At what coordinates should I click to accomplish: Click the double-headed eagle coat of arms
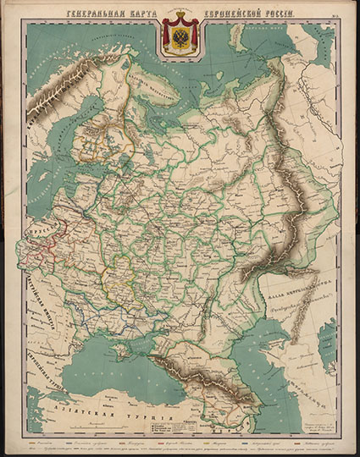(180, 39)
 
